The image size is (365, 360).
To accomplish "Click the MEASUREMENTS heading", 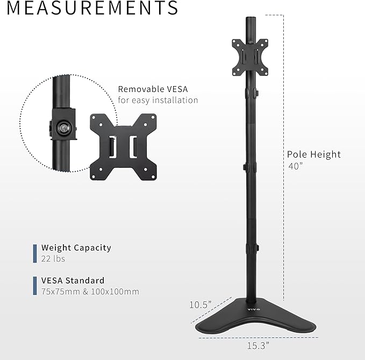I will click(x=89, y=8).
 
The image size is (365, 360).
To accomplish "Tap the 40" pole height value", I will click(x=295, y=166).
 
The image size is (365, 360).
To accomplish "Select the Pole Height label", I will click(x=314, y=154).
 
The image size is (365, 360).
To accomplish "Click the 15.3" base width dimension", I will click(x=257, y=345).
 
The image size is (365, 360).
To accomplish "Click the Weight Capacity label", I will click(x=76, y=248).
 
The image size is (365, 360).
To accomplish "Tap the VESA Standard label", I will click(x=73, y=280).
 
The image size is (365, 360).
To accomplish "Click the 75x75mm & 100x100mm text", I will click(x=90, y=291).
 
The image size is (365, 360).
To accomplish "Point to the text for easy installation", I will click(x=158, y=100).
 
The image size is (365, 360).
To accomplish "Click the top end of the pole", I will click(x=249, y=20).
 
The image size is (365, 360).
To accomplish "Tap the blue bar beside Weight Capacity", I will click(x=35, y=253).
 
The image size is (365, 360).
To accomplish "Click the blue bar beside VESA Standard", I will click(x=35, y=286).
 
